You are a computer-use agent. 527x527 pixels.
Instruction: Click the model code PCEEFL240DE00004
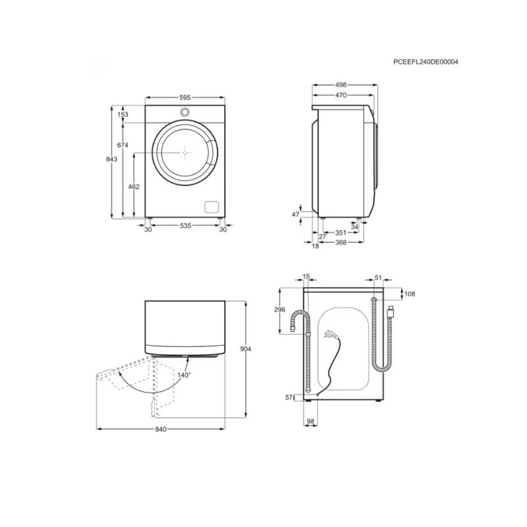(426, 62)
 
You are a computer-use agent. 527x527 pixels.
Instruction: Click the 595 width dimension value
(185, 97)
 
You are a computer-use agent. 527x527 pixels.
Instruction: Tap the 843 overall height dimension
(111, 159)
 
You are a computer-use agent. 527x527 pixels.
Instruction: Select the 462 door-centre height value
(134, 186)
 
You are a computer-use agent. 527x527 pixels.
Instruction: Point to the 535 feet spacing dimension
(185, 225)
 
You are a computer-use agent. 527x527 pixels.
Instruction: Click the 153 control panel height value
(123, 115)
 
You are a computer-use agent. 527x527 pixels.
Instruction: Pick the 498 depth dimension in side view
(341, 85)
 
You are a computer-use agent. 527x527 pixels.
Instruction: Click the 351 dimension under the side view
(341, 233)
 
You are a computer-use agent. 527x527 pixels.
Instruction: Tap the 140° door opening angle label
(184, 375)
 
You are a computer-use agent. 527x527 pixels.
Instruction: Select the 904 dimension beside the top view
(246, 349)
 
